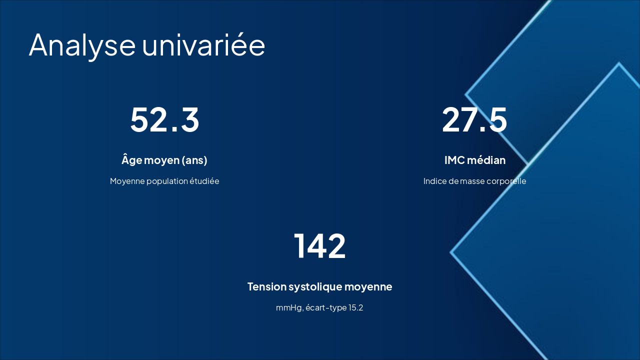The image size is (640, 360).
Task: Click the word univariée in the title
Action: coord(203,45)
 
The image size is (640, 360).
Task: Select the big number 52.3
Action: coord(164,120)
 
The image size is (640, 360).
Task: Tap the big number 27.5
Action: coord(474,120)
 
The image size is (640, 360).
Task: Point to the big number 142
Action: coord(319,246)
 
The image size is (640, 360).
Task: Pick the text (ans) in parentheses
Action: coord(194,160)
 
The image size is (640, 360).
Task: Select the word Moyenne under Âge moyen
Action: coord(127,181)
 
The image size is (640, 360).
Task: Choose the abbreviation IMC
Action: coord(454,160)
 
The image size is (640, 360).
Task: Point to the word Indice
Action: coord(435,181)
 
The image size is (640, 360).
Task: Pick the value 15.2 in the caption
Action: coord(356,307)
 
